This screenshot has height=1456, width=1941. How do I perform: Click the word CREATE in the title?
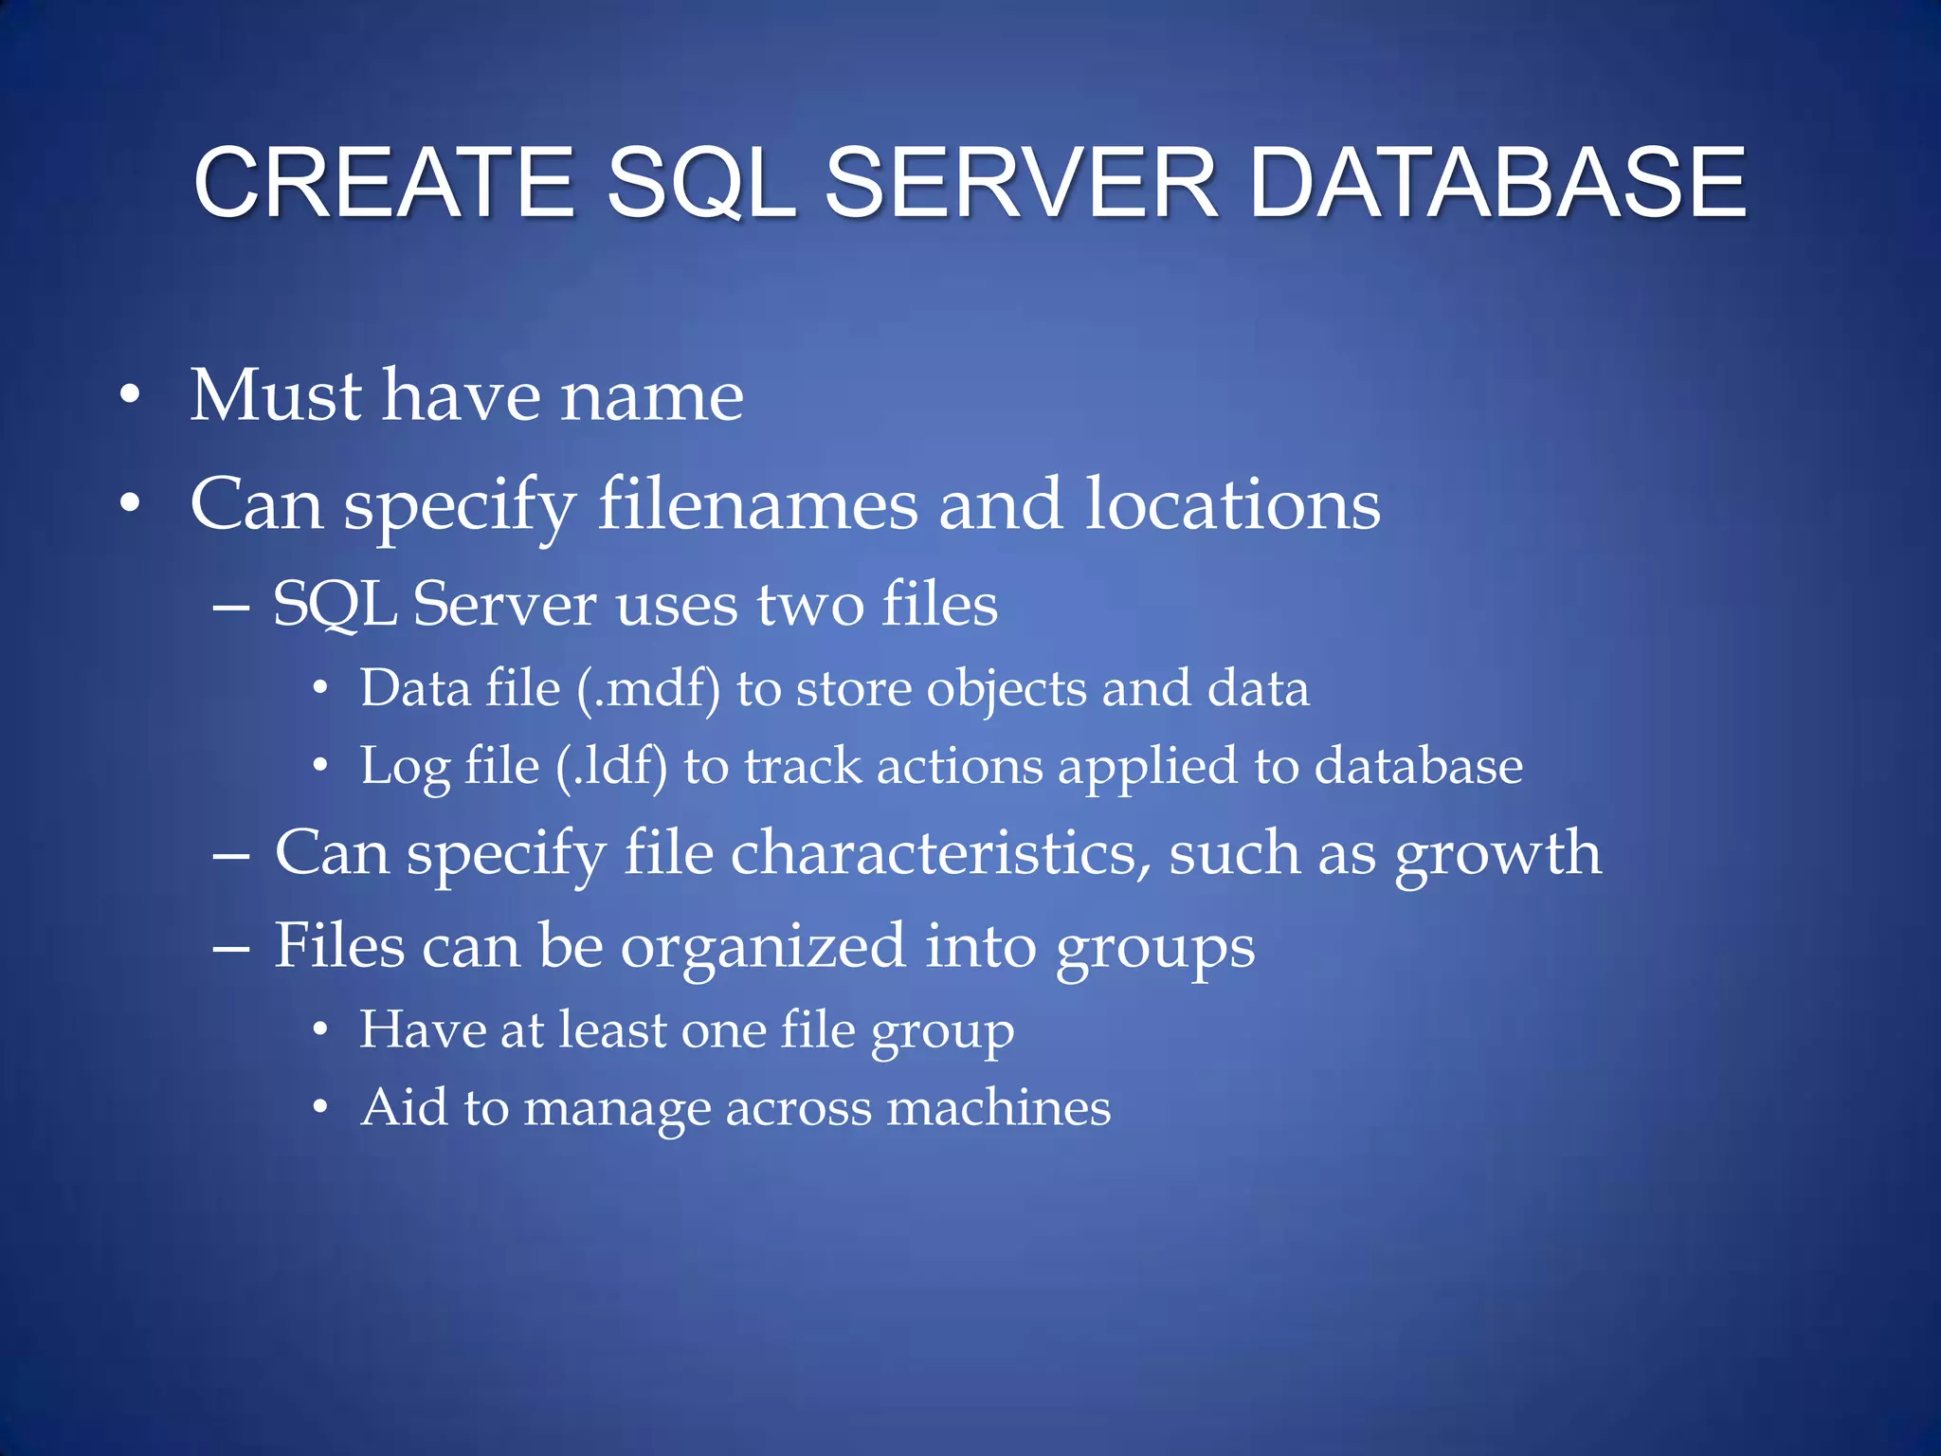(384, 182)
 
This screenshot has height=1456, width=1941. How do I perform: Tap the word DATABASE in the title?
(1498, 182)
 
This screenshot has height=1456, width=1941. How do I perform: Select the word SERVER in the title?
(1021, 182)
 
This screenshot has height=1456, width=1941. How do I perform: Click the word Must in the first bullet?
(276, 395)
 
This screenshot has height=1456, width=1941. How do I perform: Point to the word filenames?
(757, 504)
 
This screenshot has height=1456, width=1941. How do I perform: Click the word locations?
(1232, 504)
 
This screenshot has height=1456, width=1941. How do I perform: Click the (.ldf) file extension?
(611, 766)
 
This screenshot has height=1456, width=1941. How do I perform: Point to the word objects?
(1006, 690)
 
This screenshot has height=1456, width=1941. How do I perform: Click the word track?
(803, 766)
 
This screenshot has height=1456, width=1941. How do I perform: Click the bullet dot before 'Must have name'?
(130, 396)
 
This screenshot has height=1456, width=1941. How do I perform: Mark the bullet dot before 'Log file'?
(321, 766)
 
